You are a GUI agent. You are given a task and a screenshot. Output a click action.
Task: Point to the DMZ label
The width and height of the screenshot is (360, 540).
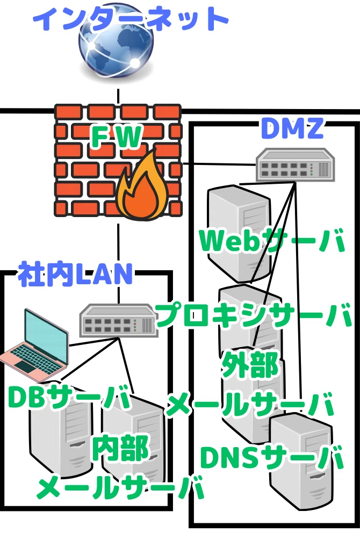(292, 127)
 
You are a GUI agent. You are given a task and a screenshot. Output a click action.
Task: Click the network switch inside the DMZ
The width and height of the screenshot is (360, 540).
(295, 164)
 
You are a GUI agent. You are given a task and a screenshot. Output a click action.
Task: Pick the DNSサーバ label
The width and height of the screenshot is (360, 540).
(272, 457)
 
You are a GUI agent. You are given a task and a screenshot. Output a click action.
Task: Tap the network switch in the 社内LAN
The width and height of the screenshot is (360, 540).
(118, 320)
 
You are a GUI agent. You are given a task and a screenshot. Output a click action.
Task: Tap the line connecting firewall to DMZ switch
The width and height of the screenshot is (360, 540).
(219, 164)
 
